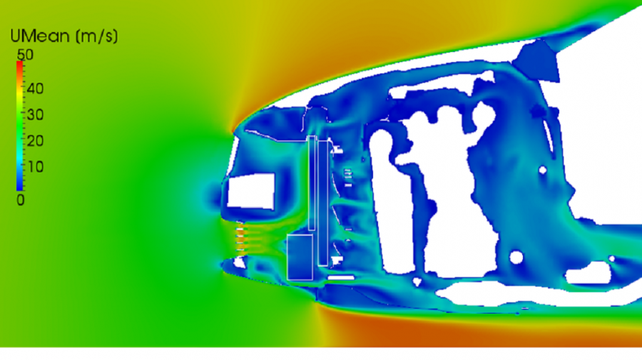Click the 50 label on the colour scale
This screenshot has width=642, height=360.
[25, 55]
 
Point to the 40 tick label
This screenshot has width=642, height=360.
[35, 88]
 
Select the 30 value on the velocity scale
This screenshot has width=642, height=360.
[35, 115]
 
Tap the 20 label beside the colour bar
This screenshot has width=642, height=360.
[35, 140]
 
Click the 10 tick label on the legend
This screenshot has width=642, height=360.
[35, 167]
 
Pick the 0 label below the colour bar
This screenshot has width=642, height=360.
[21, 200]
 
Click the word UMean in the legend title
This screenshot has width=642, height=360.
[40, 36]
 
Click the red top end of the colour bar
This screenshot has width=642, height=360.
[20, 63]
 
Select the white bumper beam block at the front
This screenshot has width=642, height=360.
[251, 191]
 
